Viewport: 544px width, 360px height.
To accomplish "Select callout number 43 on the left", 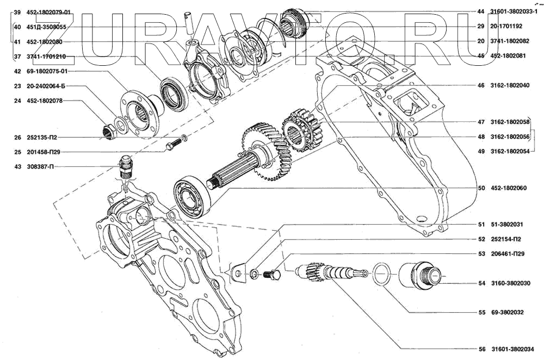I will (17, 166).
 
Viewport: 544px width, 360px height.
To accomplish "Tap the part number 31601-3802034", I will (513, 349).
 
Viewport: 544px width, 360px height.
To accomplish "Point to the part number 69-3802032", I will (509, 313).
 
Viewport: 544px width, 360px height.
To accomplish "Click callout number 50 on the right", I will (481, 188).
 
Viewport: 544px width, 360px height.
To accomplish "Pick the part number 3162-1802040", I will (512, 85).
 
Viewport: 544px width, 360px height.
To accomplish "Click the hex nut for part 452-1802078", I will (108, 131).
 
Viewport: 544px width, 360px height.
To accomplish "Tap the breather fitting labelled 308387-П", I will (126, 167).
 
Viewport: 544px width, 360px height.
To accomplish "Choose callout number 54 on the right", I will (481, 283).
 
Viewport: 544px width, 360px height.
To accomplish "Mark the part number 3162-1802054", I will (512, 151).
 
